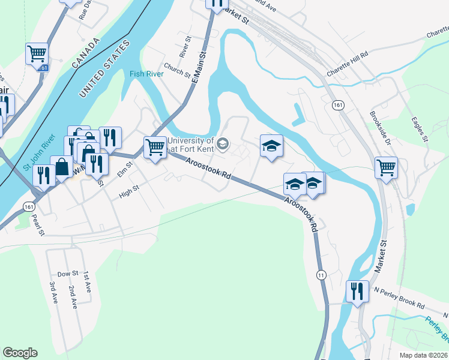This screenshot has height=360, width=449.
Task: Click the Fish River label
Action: click(146, 74)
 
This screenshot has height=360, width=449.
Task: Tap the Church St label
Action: click(176, 71)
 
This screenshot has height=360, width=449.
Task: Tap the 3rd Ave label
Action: click(53, 293)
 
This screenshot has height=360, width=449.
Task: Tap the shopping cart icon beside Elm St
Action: click(155, 146)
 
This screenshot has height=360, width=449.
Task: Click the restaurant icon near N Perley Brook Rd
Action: click(357, 292)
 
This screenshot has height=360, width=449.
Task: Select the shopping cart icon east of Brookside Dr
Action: click(386, 167)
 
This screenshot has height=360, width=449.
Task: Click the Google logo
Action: click(20, 353)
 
